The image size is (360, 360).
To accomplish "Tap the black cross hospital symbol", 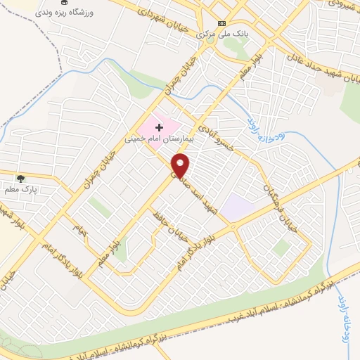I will pos(159,127).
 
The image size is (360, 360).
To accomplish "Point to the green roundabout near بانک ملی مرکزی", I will pos(210,39).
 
